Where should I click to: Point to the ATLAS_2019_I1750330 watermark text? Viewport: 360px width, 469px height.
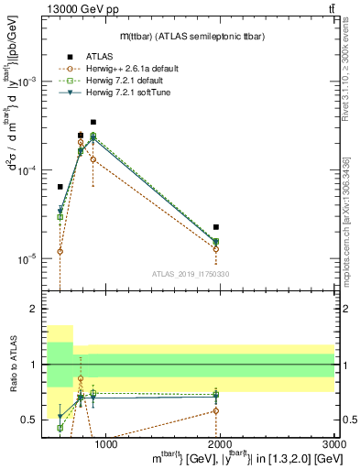(190, 274)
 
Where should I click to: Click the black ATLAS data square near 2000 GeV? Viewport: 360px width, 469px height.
(215, 226)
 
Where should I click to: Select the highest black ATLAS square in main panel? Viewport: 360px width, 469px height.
(93, 122)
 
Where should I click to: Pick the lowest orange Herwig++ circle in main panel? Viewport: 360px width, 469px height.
(60, 251)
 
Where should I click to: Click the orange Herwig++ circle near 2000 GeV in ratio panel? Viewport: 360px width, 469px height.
(215, 410)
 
